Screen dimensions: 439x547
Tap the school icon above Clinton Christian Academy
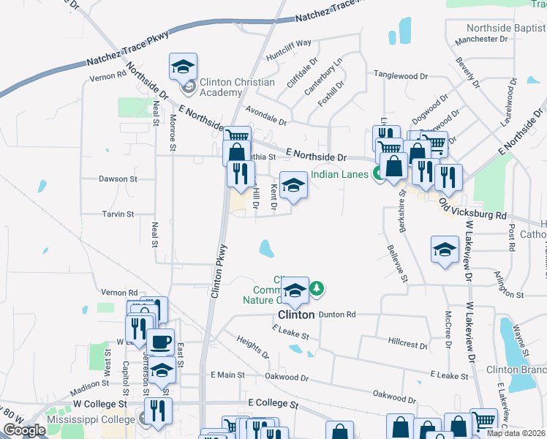pos(182,67)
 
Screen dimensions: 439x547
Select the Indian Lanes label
pos(341,174)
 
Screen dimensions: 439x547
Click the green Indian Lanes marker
pos(378,173)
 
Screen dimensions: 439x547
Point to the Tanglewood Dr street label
pos(401,75)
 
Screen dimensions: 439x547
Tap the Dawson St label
pos(118,179)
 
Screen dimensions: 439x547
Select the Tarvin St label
pos(118,214)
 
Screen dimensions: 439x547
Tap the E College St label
pos(273,403)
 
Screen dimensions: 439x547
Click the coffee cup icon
pos(160,342)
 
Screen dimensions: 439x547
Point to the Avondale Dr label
pos(266,115)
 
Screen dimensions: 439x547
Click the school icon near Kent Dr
pos(294,184)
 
